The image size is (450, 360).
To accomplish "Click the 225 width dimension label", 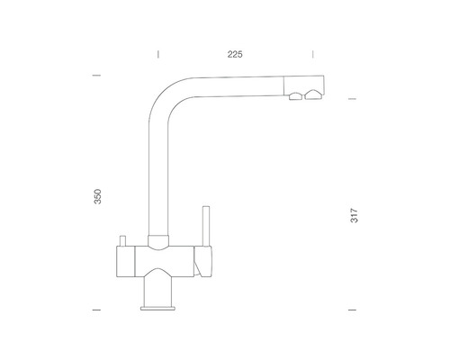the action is [235, 55].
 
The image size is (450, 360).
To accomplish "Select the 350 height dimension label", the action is [98, 196].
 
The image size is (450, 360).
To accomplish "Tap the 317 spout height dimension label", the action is [355, 215].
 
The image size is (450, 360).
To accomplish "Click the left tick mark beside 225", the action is [158, 54].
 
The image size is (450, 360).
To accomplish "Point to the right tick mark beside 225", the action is [313, 54].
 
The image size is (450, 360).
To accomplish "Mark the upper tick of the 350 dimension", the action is [96, 76].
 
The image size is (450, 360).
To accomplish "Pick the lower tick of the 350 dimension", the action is [96, 310].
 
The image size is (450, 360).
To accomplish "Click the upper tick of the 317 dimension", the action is [352, 98].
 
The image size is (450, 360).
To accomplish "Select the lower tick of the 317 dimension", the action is [352, 310].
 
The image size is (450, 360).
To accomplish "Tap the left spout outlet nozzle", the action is [295, 96].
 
